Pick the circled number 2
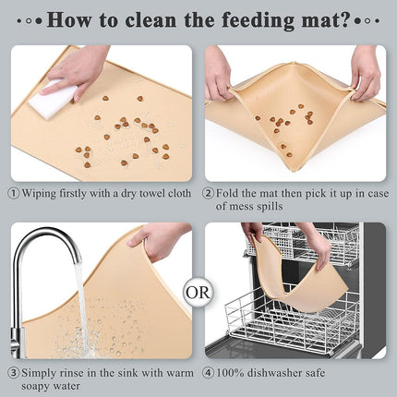click(210, 194)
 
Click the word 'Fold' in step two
click(234, 194)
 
